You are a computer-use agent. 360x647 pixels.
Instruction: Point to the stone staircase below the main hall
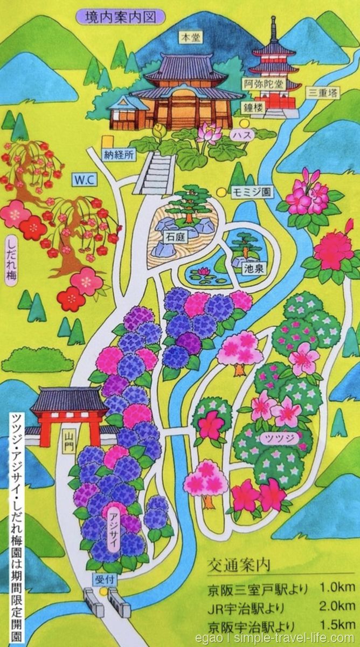point(157,173)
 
